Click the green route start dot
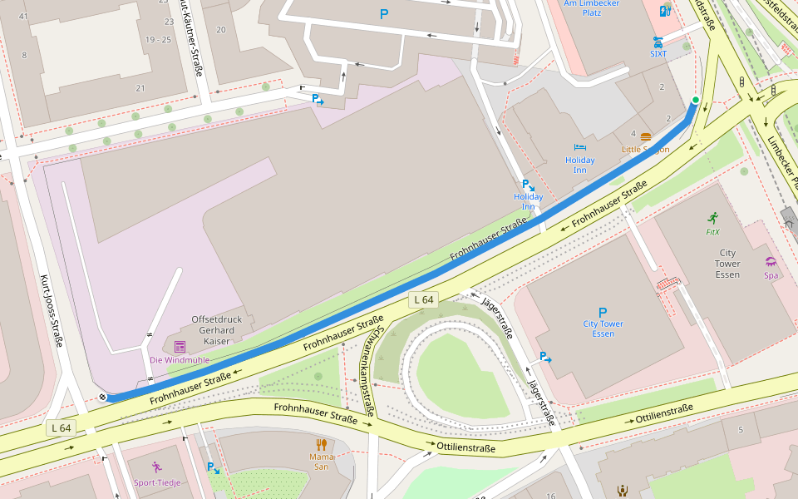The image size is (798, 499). pos(695,101)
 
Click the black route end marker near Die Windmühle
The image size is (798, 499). pos(102,398)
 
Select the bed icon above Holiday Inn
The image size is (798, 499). pos(579,147)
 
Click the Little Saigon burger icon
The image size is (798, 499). pos(645,136)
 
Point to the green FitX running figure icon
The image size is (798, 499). pos(712,218)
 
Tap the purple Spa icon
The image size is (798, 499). pos(771,261)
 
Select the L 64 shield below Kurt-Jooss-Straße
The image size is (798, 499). pos(62,427)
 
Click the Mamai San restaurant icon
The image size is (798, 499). pos(321,444)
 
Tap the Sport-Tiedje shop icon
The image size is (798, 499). pos(157,467)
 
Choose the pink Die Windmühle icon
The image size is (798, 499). pos(180,346)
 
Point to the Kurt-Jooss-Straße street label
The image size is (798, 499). pos(52,312)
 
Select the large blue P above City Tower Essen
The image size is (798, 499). pos(603,313)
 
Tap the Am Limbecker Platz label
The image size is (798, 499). pos(592,7)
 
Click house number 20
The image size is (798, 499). pos(220,30)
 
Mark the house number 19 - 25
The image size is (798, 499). pos(157,39)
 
